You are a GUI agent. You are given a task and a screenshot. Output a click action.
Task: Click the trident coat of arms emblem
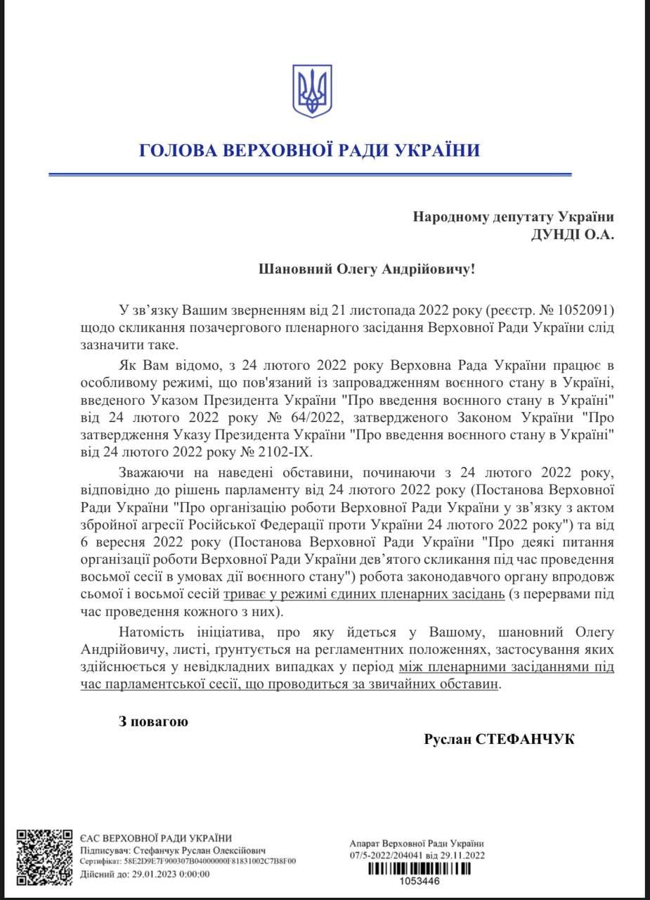click(x=312, y=91)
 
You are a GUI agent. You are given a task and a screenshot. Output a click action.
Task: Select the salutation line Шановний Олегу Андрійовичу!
click(x=367, y=269)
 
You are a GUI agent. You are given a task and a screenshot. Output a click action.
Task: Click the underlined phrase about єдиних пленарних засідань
click(x=363, y=594)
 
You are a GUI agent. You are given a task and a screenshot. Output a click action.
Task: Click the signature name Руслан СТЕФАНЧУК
click(x=499, y=740)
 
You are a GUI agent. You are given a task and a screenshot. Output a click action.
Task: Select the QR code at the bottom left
click(x=44, y=857)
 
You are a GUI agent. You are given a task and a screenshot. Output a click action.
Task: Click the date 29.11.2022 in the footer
click(x=460, y=855)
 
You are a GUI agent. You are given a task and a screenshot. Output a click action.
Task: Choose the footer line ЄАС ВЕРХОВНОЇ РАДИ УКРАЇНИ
click(x=155, y=837)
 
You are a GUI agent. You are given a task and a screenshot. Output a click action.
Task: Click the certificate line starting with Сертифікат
click(x=187, y=861)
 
